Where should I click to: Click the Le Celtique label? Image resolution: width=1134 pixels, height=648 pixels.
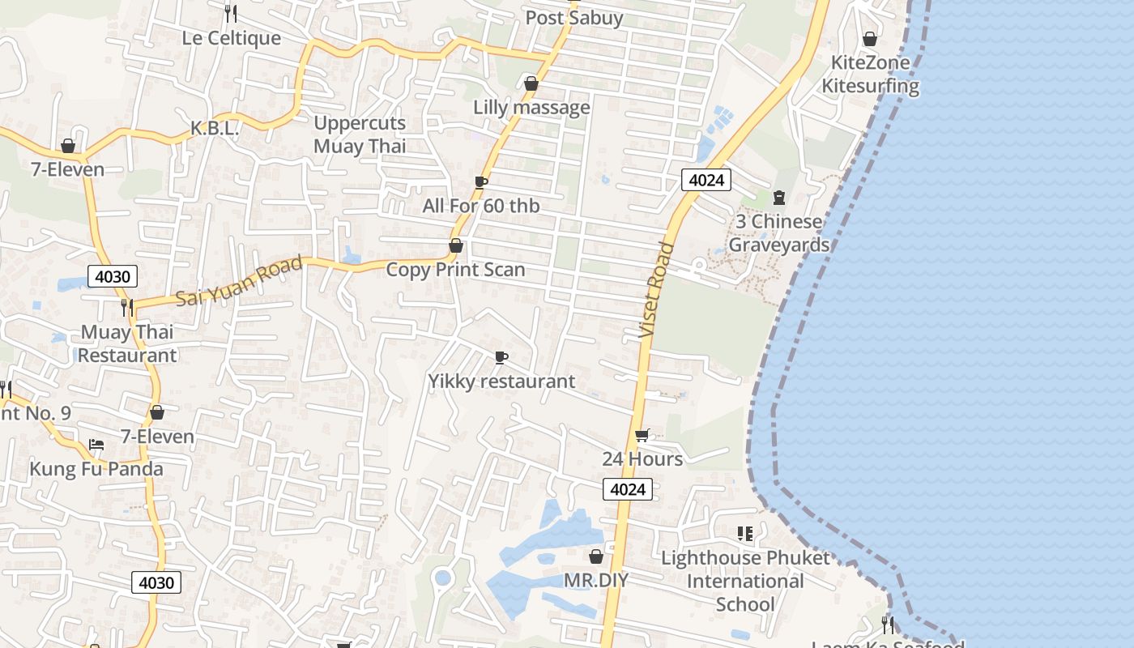pos(231,38)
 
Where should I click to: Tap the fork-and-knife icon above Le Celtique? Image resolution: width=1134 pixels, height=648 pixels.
pos(231,13)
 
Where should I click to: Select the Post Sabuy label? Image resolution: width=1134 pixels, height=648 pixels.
pos(573,18)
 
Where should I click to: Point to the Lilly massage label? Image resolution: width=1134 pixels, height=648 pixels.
pos(531,107)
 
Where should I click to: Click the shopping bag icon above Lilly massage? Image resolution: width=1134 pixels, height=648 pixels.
pos(531,83)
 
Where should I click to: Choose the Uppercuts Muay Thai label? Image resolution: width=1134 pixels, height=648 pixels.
pos(360,134)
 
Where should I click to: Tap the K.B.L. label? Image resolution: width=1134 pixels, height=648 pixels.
pos(215,129)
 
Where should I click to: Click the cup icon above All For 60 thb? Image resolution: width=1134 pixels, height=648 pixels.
pos(480,182)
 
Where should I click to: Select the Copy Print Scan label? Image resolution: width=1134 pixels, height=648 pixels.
pos(455,270)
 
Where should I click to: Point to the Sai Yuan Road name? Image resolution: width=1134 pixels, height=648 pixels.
pos(240,281)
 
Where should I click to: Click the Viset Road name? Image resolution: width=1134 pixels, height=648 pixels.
pos(656,290)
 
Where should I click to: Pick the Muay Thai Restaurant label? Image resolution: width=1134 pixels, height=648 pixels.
pos(127,343)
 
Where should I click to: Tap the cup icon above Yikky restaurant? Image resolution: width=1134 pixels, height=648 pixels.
pos(501,357)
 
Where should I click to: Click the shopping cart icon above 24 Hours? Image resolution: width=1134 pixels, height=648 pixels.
pos(642,436)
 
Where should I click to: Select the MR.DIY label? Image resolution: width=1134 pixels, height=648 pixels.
pos(596,580)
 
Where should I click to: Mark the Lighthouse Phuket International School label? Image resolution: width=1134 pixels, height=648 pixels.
pos(745,581)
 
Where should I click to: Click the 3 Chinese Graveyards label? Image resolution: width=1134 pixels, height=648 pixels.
pos(778,233)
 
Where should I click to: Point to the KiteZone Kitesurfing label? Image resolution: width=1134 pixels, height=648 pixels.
pos(871,74)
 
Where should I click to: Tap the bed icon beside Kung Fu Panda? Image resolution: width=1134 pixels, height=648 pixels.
pos(96,444)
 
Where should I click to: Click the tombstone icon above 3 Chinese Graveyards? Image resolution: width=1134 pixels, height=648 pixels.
pos(779,197)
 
